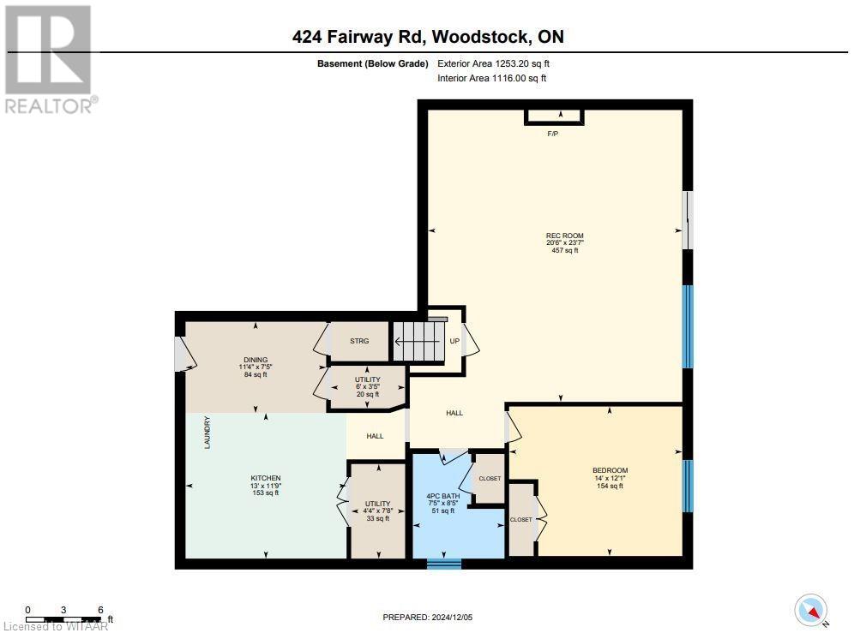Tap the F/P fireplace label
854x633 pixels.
click(553, 134)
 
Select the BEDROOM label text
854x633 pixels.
click(610, 470)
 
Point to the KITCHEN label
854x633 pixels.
click(265, 478)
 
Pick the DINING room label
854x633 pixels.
click(255, 360)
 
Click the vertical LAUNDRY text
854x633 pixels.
click(207, 433)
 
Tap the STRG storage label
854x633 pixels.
click(359, 341)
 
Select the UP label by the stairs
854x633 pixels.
click(454, 341)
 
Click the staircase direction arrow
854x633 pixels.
click(420, 341)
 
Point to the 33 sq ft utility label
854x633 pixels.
click(377, 518)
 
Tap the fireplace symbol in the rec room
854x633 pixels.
click(554, 116)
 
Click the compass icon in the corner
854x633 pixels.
click(810, 609)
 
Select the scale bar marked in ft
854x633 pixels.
click(64, 615)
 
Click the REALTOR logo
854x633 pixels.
click(50, 60)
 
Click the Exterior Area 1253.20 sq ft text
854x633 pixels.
click(491, 63)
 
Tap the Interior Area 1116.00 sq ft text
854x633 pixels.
click(491, 78)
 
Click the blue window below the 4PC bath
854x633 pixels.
click(444, 563)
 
